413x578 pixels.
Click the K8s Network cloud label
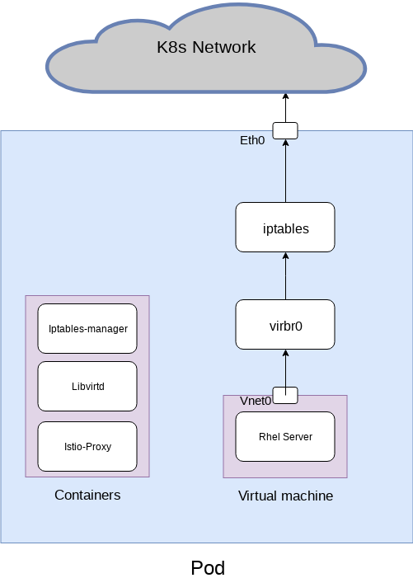point(206,47)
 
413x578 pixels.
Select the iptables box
point(285,228)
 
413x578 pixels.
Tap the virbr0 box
point(285,325)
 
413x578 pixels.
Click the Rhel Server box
point(285,436)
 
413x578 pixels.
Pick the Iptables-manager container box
point(87,328)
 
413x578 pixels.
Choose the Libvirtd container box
point(87,386)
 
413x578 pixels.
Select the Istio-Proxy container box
point(87,446)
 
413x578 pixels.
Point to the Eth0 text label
point(252,140)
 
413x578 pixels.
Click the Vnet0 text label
point(256,401)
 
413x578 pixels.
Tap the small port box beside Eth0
point(285,130)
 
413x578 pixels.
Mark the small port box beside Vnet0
point(285,395)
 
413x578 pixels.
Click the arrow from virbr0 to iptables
point(285,276)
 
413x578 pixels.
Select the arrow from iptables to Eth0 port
point(285,172)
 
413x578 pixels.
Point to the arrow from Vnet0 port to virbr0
point(285,368)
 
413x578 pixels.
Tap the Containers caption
point(87,495)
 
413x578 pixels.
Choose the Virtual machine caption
point(285,496)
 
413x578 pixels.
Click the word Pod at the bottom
point(207,568)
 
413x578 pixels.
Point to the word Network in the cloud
point(224,47)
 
